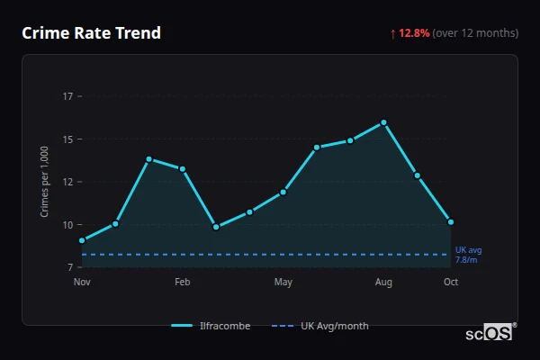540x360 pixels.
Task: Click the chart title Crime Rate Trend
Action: click(x=91, y=33)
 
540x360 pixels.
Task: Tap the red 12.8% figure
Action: click(x=414, y=33)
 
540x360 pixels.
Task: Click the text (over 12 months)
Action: click(x=475, y=33)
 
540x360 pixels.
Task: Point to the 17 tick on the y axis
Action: click(x=68, y=96)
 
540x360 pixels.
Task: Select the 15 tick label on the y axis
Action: click(x=68, y=139)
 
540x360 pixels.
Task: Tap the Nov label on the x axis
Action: click(x=82, y=283)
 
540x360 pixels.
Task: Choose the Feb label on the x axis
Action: click(x=183, y=283)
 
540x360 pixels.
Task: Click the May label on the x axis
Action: click(x=283, y=283)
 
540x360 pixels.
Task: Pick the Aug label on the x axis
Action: click(x=383, y=283)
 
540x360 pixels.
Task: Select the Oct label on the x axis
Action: click(x=451, y=283)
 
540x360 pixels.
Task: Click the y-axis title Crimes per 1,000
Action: click(x=44, y=182)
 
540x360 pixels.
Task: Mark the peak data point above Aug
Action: click(x=383, y=122)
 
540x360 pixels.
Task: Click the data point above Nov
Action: click(x=82, y=240)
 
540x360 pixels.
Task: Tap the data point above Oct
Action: click(x=451, y=221)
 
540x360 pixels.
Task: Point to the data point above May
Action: click(x=283, y=192)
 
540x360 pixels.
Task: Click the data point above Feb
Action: click(x=183, y=169)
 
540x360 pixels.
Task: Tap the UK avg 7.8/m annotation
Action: click(x=468, y=255)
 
